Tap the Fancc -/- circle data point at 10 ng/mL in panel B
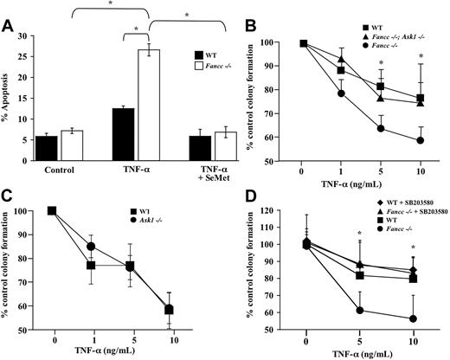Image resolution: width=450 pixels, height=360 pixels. tap(421, 139)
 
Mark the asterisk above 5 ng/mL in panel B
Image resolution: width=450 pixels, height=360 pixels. tap(381, 64)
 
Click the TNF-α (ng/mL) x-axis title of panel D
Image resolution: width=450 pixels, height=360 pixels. tap(358, 352)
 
